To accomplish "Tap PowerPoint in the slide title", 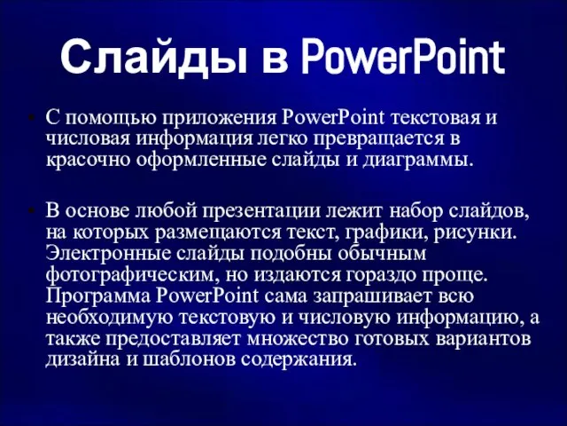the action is click(403, 57).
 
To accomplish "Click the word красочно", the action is click(88, 161).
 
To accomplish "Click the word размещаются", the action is click(218, 233).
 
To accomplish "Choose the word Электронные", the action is click(108, 253).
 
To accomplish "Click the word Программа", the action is click(98, 296).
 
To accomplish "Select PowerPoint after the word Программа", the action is click(207, 296).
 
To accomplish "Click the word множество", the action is click(298, 339).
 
